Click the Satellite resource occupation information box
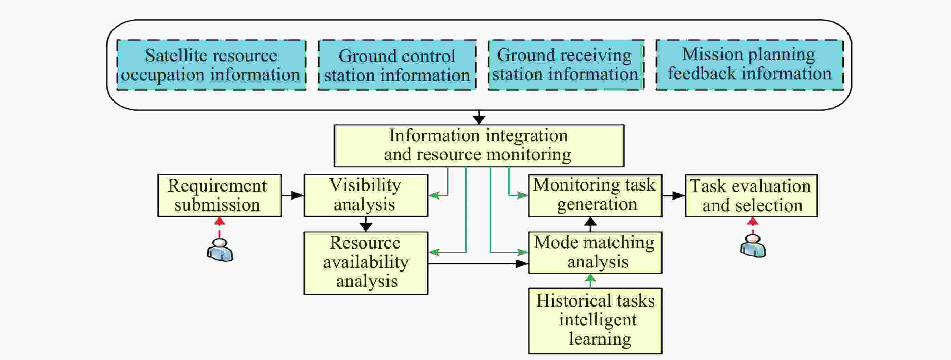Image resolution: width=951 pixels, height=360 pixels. (x=211, y=65)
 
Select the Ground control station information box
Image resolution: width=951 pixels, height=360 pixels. (x=397, y=65)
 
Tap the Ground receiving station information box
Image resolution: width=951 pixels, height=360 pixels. (x=566, y=65)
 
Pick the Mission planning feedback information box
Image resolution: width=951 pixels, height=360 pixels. (x=749, y=65)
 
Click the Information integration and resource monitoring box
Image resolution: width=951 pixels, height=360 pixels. (x=479, y=145)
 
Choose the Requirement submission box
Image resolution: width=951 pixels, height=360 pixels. (x=219, y=195)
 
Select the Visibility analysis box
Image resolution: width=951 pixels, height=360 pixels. (x=365, y=195)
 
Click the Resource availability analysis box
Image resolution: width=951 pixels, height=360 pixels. (x=365, y=263)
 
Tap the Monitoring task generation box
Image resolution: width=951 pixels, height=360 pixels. (x=595, y=195)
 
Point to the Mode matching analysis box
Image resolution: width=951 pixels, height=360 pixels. (x=595, y=253)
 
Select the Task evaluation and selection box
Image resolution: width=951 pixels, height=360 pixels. (x=751, y=196)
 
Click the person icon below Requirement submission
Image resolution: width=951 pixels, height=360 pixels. (x=220, y=250)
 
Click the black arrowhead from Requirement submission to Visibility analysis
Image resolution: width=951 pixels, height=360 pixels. (x=297, y=195)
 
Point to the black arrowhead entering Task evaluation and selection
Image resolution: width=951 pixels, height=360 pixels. (x=678, y=195)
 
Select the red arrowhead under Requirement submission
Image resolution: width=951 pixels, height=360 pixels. (x=220, y=221)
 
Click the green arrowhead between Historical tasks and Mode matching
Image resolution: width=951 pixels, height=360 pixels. (x=590, y=279)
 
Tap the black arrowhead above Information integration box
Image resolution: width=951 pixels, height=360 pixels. (x=479, y=120)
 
